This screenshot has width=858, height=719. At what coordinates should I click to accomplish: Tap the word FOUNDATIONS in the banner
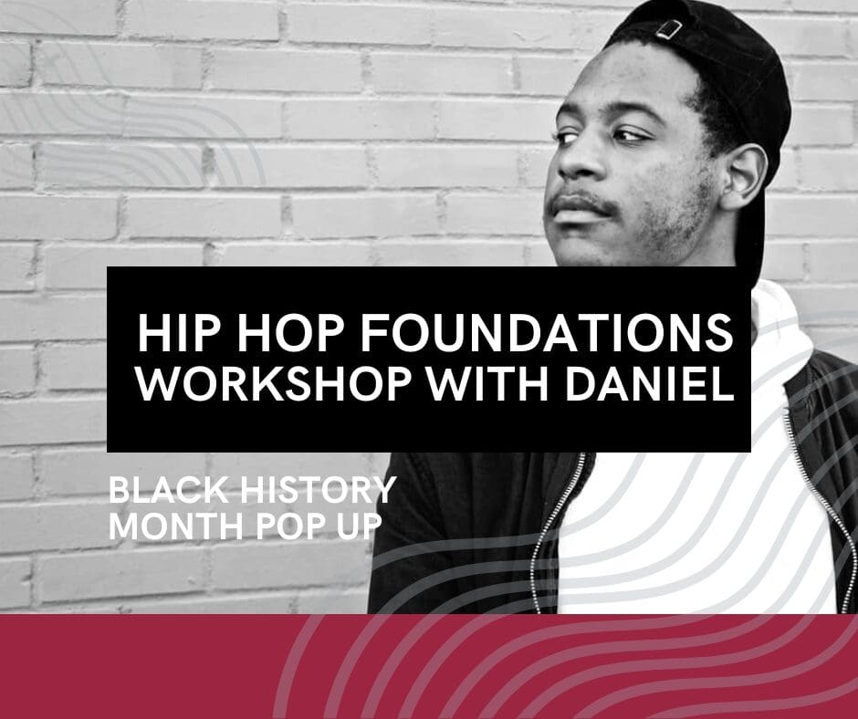tap(546, 333)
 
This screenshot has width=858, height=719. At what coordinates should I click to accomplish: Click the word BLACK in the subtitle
tap(169, 490)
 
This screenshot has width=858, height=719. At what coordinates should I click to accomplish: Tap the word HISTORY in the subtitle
tap(319, 490)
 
